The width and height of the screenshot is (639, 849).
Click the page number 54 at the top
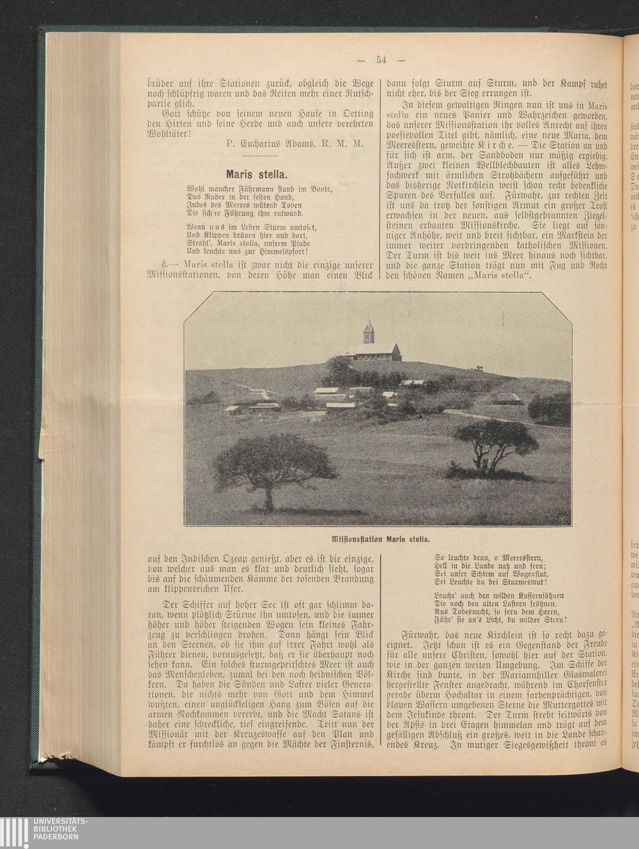tap(382, 60)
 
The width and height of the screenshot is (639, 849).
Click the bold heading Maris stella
tap(258, 173)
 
